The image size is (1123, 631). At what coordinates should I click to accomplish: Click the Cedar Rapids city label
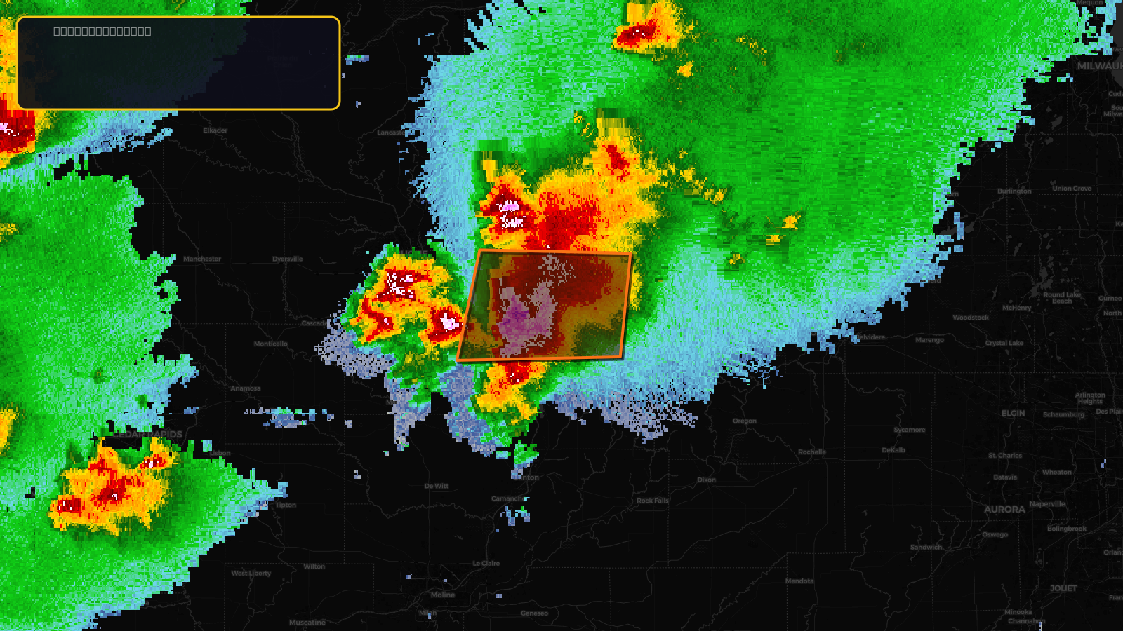[147, 435]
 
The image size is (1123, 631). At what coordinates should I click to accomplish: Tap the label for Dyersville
[288, 259]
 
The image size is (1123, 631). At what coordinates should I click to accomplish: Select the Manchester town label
[202, 259]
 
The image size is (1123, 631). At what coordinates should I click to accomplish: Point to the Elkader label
[215, 130]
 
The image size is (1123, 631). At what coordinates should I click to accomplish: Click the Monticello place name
[271, 344]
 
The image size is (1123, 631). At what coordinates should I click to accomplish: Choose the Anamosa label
[246, 388]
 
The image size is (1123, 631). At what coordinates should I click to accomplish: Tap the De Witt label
[437, 486]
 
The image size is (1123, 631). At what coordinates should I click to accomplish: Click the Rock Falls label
[653, 501]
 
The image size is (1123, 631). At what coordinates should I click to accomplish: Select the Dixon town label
[707, 480]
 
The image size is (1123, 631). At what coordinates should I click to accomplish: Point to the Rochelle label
[812, 452]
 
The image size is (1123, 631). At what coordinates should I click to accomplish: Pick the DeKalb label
[893, 450]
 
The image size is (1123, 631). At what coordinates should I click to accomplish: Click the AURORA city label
[1004, 510]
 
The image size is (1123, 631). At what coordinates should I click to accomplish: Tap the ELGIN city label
[1014, 414]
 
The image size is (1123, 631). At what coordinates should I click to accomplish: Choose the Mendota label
[799, 581]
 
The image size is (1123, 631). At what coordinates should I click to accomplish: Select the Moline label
[443, 595]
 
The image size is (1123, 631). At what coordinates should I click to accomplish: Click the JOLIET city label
[1063, 588]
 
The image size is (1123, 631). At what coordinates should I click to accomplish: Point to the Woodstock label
[971, 318]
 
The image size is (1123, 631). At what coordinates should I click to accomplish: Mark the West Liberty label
[251, 574]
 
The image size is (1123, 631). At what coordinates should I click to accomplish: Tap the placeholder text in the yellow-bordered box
[102, 32]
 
